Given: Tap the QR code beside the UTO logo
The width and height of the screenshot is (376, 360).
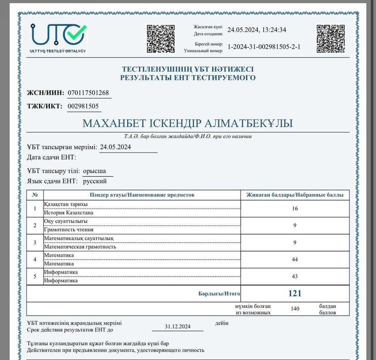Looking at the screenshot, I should pos(161,38).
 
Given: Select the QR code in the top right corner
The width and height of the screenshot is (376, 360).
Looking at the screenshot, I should pos(330,38).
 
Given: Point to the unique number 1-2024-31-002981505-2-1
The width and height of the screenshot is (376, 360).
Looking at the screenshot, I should pos(264,47).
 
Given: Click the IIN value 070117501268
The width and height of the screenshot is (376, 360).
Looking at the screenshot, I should pos(89,93).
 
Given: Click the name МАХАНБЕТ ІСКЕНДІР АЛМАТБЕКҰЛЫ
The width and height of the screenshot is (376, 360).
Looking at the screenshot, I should pos(187,124).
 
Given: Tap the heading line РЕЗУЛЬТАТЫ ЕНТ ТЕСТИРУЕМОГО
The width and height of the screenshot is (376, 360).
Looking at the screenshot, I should pos(187,78).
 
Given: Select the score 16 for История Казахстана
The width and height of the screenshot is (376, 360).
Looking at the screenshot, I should pos(295,209).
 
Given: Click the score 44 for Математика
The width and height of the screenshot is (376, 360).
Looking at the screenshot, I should pos(295,259).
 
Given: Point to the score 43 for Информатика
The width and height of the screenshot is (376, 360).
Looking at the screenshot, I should pos(295,276).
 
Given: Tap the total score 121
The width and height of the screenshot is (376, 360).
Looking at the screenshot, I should pos(295,294).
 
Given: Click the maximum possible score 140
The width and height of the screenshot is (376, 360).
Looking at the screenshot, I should pos(295,308).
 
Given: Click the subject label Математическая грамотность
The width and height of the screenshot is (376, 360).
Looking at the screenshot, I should pos(80,247).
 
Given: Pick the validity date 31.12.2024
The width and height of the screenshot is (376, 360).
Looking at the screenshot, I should pos(178,327).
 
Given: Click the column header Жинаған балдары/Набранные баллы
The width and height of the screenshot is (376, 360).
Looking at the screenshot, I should pos(295,195).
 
